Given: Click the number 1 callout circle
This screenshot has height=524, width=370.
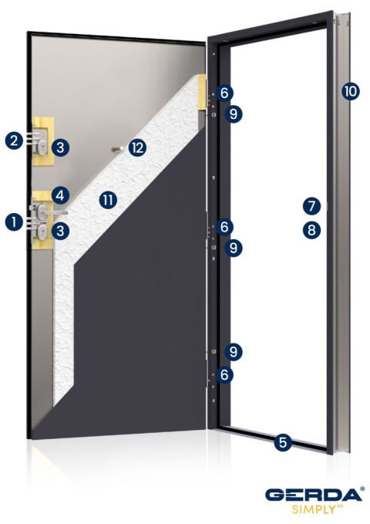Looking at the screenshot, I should point(13,222).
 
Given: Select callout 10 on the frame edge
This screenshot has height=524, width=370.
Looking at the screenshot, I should point(349,91).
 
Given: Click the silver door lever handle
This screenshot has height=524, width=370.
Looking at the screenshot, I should point(54,211).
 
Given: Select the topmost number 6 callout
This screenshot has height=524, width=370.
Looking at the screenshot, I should point(224,93).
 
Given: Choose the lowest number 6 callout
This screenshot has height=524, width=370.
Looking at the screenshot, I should point(224,374).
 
